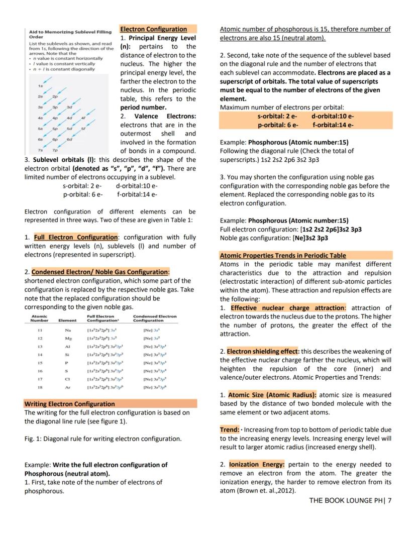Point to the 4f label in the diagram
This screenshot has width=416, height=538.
tap(86, 118)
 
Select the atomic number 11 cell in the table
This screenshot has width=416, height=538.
tap(39, 330)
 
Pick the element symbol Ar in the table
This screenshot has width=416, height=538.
tap(67, 388)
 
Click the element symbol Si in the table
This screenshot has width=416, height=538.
tap(67, 355)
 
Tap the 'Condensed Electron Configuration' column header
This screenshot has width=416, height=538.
tap(155, 318)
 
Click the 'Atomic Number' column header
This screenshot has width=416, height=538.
tap(39, 318)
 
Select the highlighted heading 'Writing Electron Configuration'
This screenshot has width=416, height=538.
tap(70, 404)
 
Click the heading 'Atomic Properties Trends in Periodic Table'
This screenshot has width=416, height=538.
tap(283, 256)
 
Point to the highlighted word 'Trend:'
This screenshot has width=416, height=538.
tap(230, 430)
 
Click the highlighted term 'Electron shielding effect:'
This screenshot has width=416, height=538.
tap(263, 352)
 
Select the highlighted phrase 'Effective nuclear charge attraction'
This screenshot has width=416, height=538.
tap(288, 308)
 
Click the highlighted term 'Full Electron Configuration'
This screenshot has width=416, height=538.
tap(76, 237)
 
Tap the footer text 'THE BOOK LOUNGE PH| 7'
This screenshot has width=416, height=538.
tap(350, 500)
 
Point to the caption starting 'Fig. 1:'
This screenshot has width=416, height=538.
tap(103, 439)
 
